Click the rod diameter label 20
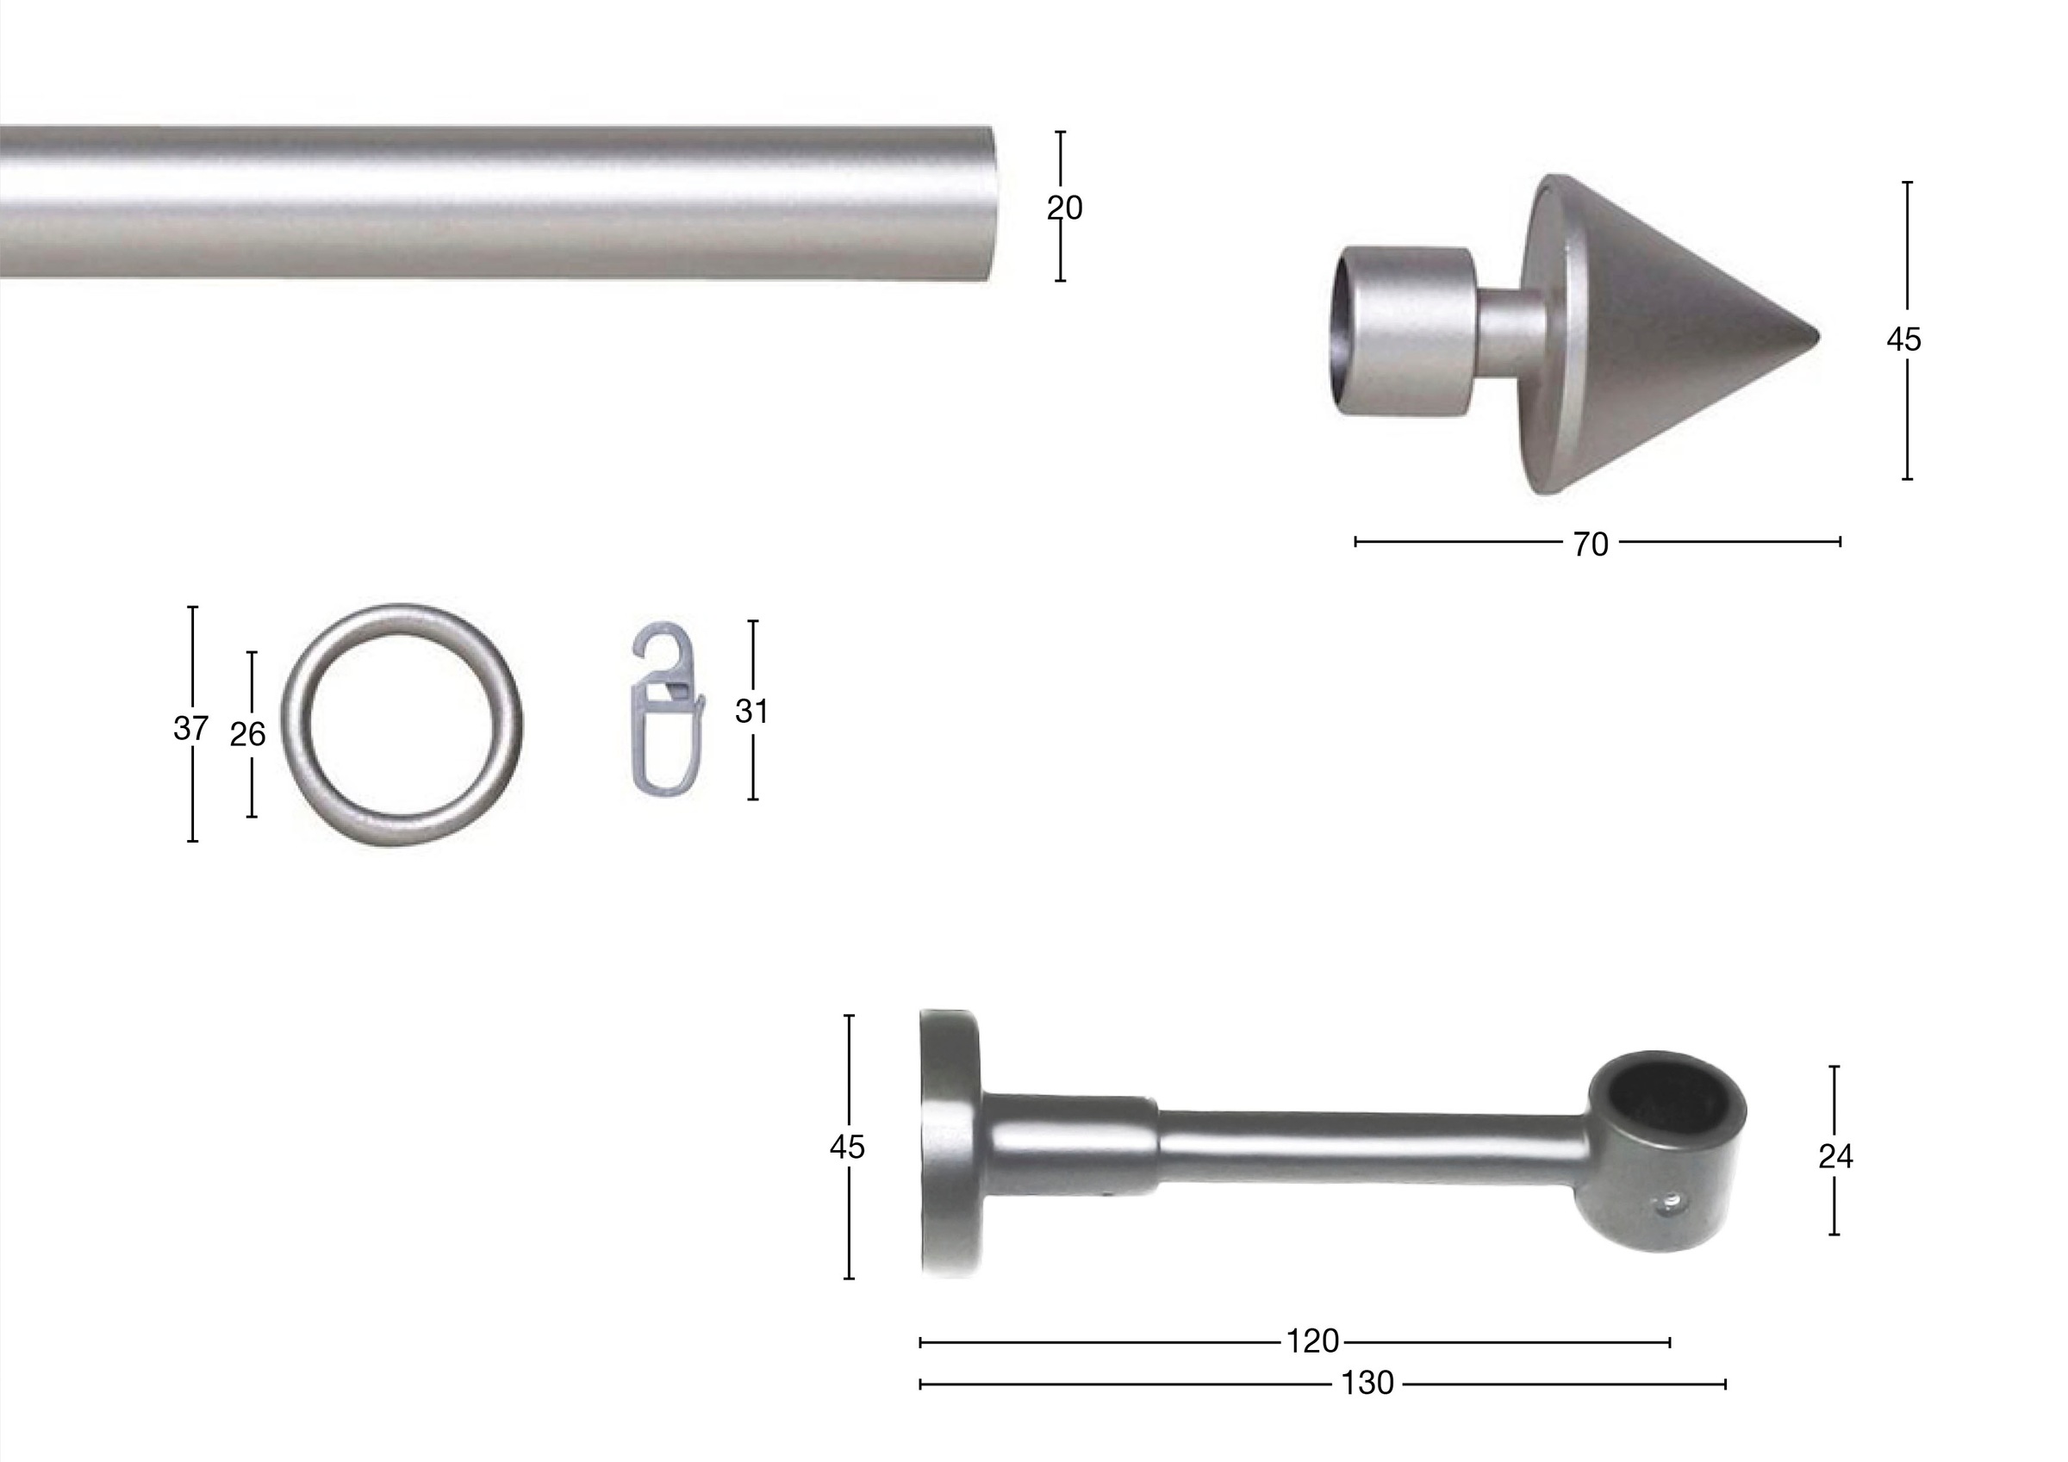click(1063, 208)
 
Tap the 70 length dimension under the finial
click(1591, 544)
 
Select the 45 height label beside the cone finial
click(1903, 339)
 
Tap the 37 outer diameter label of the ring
click(190, 728)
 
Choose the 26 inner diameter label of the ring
click(246, 735)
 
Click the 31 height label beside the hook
click(751, 712)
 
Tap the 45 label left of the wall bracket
click(847, 1147)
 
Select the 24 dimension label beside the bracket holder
click(1834, 1155)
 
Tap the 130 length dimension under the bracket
click(1367, 1383)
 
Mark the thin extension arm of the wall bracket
click(1369, 1146)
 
